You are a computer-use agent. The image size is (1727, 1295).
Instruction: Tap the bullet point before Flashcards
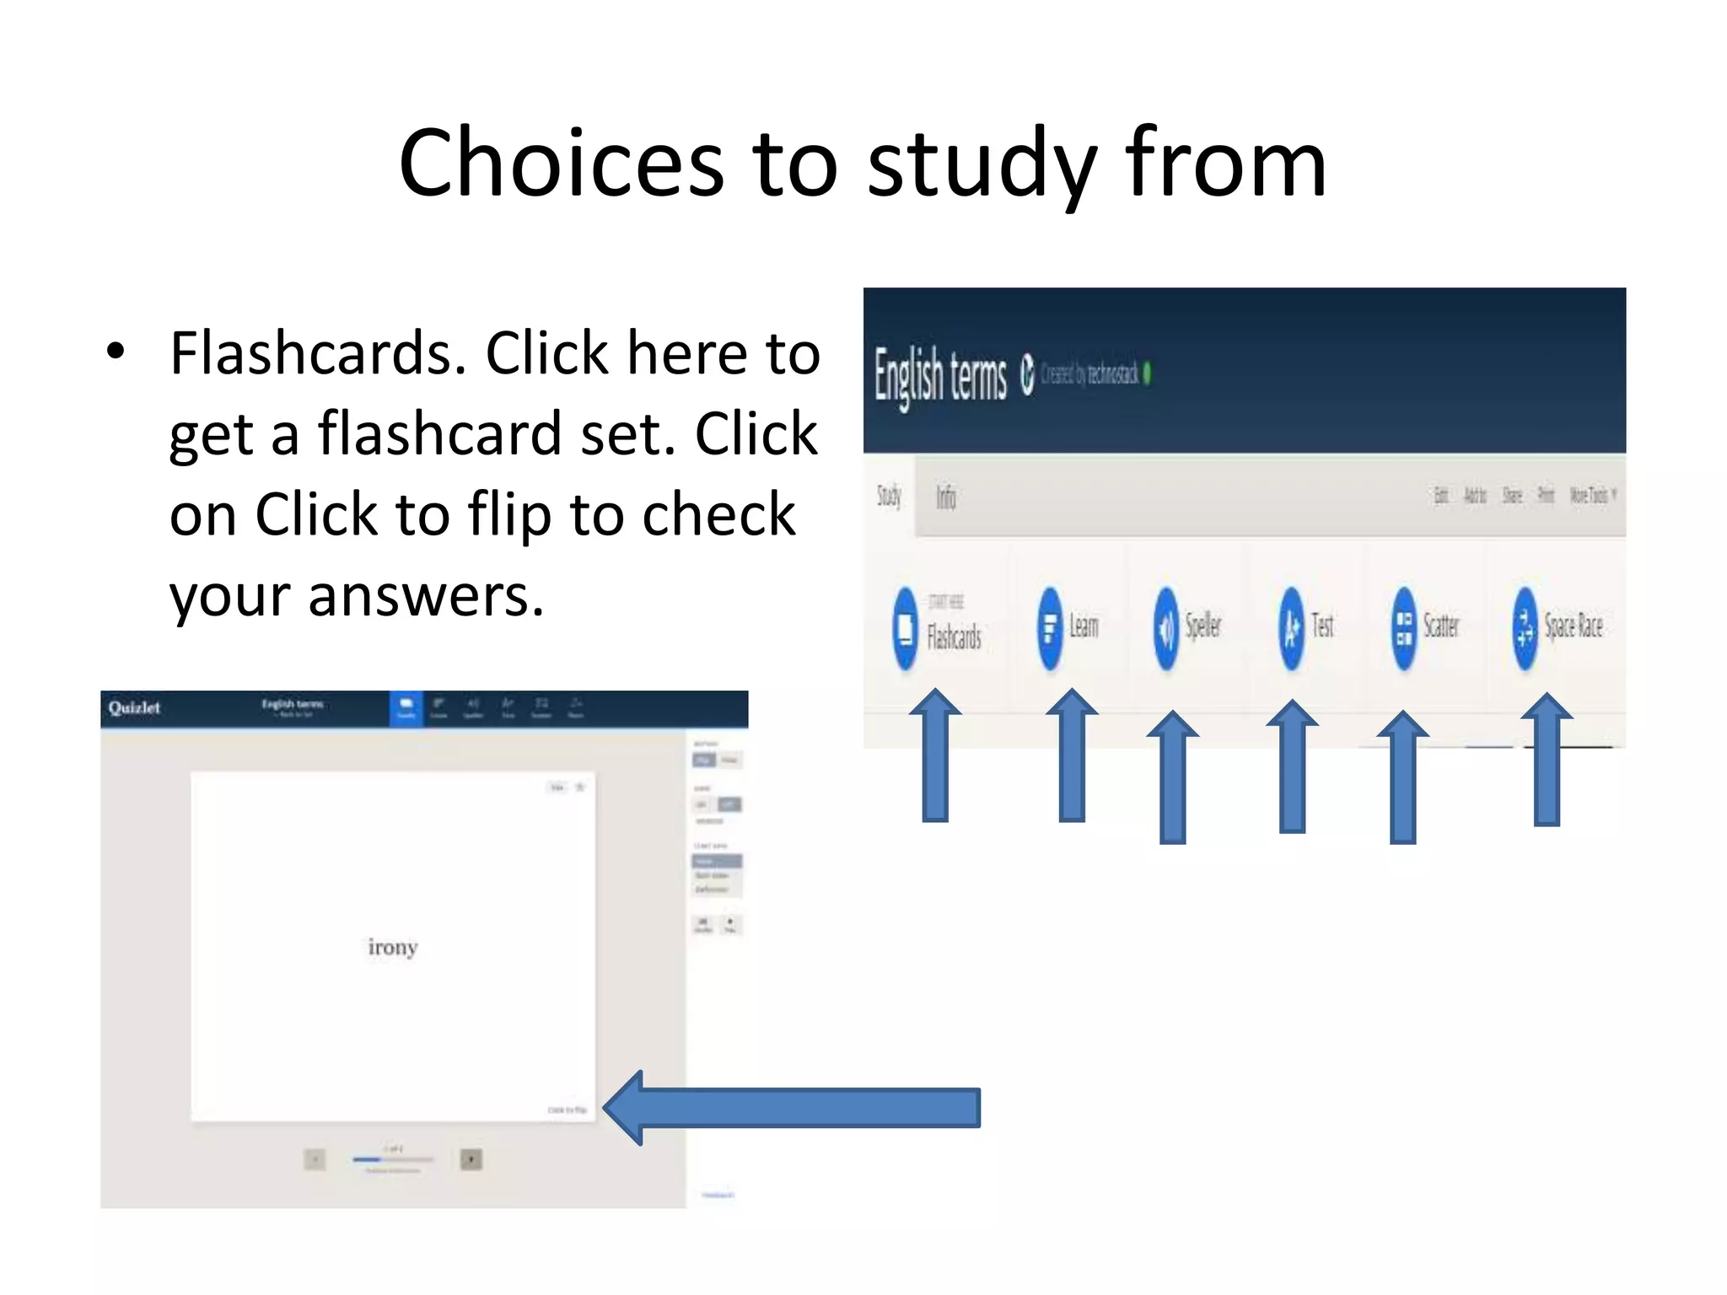point(116,352)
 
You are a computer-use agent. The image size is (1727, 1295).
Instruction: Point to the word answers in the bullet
point(426,595)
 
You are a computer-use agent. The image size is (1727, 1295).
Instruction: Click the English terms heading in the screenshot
point(940,375)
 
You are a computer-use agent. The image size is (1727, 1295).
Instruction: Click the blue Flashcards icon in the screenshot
point(905,628)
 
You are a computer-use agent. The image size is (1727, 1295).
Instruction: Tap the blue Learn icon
point(1050,628)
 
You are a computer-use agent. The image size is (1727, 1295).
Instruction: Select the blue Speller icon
point(1166,628)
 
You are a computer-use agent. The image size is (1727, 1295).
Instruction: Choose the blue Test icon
point(1291,628)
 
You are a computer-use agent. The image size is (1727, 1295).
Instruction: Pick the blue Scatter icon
point(1404,628)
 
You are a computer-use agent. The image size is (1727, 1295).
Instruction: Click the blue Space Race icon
point(1525,628)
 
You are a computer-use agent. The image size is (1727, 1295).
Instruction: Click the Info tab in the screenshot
point(945,497)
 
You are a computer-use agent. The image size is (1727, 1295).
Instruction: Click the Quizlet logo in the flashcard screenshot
point(134,707)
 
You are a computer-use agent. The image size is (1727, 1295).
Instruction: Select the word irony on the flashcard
point(393,947)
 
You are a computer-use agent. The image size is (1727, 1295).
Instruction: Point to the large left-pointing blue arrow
point(793,1107)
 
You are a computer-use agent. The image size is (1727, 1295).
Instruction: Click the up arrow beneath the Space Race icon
point(1547,759)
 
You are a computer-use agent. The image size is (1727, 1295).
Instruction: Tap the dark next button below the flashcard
point(471,1159)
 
